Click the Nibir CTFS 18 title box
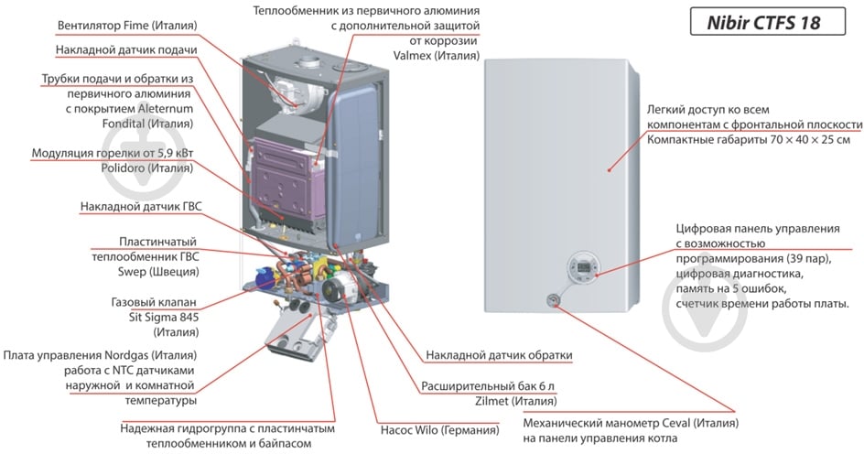pyautogui.click(x=768, y=22)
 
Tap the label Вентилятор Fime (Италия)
pyautogui.click(x=127, y=26)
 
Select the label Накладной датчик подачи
pyautogui.click(x=126, y=50)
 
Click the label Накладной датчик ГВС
pyautogui.click(x=141, y=207)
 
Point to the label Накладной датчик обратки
pyautogui.click(x=499, y=355)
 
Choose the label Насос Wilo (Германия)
pyautogui.click(x=439, y=430)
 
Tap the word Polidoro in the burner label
pyautogui.click(x=123, y=168)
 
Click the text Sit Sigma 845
pyautogui.click(x=164, y=317)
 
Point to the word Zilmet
pyautogui.click(x=491, y=401)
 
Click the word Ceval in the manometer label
pyautogui.click(x=676, y=424)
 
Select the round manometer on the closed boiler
pyautogui.click(x=553, y=299)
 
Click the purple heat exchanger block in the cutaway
pyautogui.click(x=287, y=176)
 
